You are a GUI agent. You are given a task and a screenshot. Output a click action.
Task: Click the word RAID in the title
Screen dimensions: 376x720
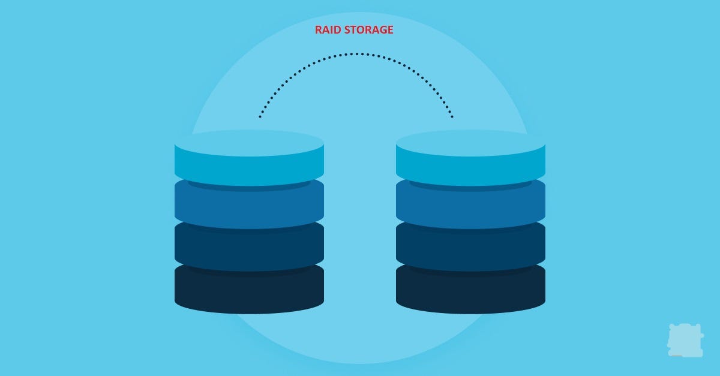(x=327, y=29)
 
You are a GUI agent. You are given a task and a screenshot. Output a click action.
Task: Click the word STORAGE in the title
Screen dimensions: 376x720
(x=368, y=29)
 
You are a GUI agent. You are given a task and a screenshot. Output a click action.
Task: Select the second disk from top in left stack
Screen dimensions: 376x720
(x=249, y=207)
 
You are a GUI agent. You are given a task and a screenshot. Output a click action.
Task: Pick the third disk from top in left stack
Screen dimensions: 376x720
(x=249, y=249)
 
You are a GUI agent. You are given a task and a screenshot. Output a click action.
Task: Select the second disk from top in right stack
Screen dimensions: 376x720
(x=470, y=207)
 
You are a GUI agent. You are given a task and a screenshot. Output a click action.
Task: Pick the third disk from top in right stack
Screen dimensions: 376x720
(x=470, y=249)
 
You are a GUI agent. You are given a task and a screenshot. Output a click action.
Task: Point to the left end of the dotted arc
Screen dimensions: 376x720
(x=260, y=116)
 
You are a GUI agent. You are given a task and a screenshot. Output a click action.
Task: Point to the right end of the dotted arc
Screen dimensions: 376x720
(x=452, y=116)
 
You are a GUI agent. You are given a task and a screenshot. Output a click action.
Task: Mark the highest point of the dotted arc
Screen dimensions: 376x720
(x=356, y=54)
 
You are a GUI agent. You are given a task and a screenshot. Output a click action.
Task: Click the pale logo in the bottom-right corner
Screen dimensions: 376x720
(x=685, y=340)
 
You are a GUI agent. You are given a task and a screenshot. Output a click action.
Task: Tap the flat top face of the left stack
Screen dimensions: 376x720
(x=249, y=143)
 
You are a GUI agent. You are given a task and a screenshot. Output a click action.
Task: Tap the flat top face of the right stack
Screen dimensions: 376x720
(x=470, y=143)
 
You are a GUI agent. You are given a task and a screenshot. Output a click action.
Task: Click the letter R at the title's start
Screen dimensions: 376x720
(x=319, y=29)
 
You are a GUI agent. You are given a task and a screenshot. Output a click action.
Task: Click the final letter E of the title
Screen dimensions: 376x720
(x=391, y=29)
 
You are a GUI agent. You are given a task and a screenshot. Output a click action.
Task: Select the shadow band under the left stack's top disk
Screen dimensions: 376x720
(x=249, y=187)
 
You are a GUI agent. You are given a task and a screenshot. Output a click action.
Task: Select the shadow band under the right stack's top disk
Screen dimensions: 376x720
(x=470, y=187)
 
